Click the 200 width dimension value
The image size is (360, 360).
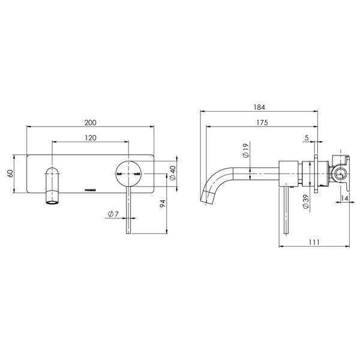tap(90, 122)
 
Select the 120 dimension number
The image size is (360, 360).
tap(90, 137)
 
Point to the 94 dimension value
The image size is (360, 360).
tap(163, 207)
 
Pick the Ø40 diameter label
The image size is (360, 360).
tap(172, 173)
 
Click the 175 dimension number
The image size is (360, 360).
tap(260, 122)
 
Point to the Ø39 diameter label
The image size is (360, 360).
tap(305, 203)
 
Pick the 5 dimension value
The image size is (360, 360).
tap(306, 138)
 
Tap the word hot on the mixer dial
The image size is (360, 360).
tap(120, 174)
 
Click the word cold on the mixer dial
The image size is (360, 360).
tap(137, 174)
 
